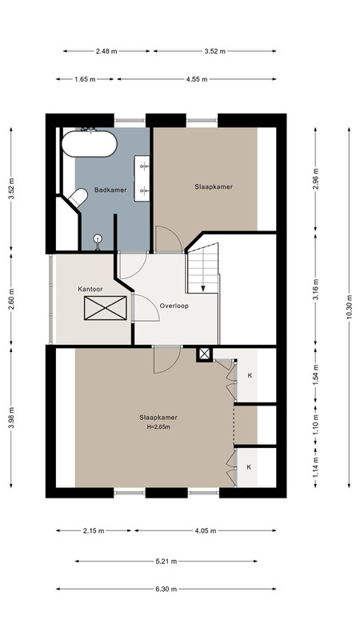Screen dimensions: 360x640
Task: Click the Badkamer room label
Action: (x=110, y=190)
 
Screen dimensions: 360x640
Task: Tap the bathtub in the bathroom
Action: (x=90, y=144)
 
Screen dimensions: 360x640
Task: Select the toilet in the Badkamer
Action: (x=78, y=197)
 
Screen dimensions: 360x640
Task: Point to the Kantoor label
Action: (x=90, y=289)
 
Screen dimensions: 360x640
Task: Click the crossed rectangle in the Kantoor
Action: (x=106, y=308)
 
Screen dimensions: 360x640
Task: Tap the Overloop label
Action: (x=174, y=306)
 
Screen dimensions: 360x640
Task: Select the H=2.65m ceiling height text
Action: (x=158, y=427)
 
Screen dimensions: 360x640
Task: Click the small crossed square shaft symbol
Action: (x=204, y=354)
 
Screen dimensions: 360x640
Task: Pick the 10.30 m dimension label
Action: (x=349, y=307)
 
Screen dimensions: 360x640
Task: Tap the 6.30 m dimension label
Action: (x=166, y=589)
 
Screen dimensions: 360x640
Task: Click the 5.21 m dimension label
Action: (x=166, y=562)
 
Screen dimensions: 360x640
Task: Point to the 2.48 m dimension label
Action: (x=106, y=51)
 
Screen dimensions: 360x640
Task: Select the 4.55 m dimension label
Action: (x=197, y=79)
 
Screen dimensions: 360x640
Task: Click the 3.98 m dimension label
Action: (x=11, y=417)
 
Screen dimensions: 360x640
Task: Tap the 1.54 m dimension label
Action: (x=315, y=376)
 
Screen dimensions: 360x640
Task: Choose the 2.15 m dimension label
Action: (x=94, y=530)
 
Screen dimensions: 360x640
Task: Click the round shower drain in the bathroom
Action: (x=98, y=238)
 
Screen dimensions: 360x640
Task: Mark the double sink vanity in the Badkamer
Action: (x=142, y=178)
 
